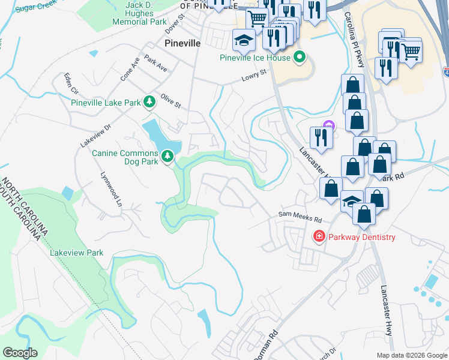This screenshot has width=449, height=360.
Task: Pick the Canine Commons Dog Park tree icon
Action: pos(167,157)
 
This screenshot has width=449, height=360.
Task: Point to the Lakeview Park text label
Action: pos(77,253)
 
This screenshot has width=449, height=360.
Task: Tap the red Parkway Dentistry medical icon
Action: pos(319,237)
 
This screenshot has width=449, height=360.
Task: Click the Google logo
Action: pos(20,353)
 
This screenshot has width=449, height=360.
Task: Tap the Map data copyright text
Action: pos(411,355)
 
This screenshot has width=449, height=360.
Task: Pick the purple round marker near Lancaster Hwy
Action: pos(328,125)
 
